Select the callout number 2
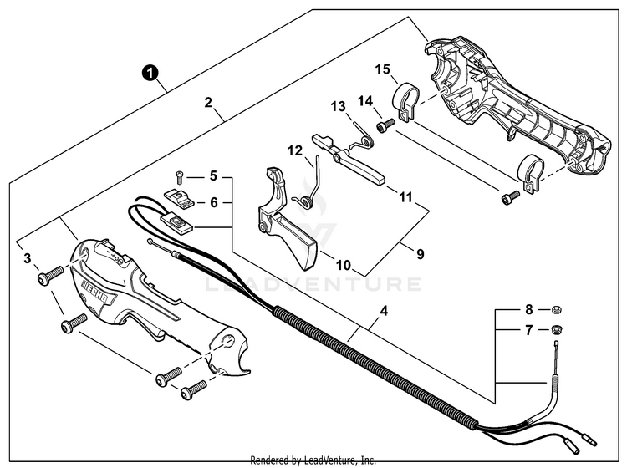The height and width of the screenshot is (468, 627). [208, 104]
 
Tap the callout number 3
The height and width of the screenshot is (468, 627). [28, 258]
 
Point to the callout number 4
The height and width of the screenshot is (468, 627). [383, 312]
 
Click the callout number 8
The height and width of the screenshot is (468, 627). [528, 309]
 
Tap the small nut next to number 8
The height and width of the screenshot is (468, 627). [553, 310]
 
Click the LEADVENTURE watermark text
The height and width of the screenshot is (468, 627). [313, 285]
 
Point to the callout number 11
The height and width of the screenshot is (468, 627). [405, 198]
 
